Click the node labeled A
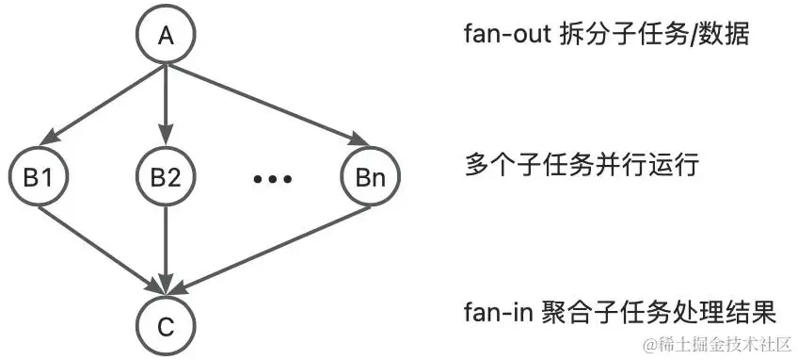pyautogui.click(x=166, y=36)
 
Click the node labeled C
pyautogui.click(x=166, y=326)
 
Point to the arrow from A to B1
pyautogui.click(x=104, y=104)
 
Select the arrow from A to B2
pyautogui.click(x=166, y=104)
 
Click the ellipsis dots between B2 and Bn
pyautogui.click(x=275, y=178)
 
